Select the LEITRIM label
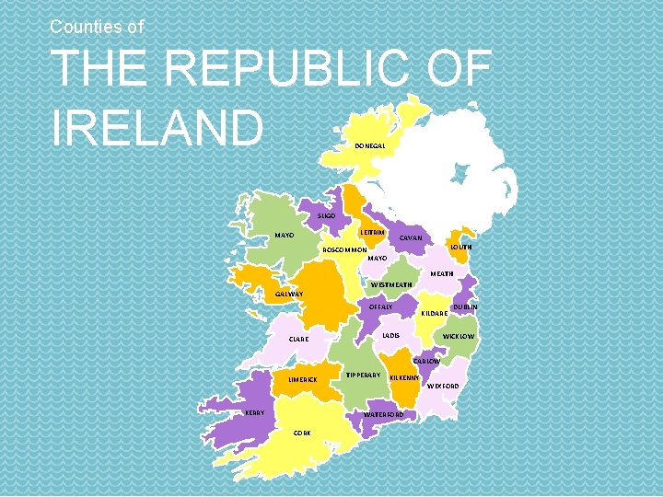(x=372, y=234)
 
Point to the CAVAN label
(x=411, y=237)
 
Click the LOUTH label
(x=460, y=247)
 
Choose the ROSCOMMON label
(x=344, y=249)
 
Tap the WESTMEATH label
(x=390, y=285)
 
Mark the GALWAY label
(x=291, y=295)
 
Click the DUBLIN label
(x=465, y=306)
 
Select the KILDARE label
(x=434, y=313)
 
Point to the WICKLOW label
(x=459, y=337)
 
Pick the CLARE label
(x=298, y=340)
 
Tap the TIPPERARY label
(x=363, y=376)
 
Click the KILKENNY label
(x=405, y=377)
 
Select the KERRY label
(x=253, y=412)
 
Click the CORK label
(x=302, y=433)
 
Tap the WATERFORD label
(x=384, y=415)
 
